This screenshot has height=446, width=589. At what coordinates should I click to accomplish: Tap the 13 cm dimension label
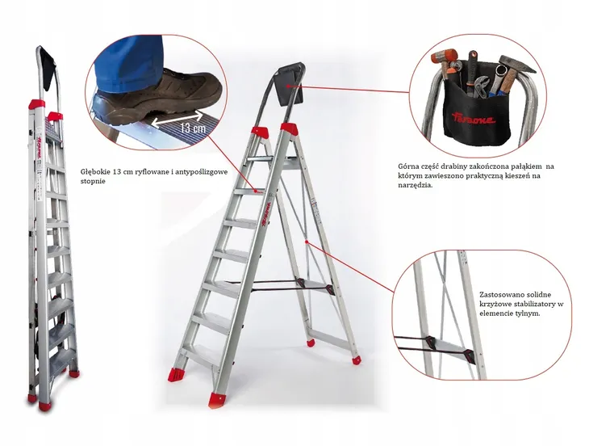(x=193, y=128)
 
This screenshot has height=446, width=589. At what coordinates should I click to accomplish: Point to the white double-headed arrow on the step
(x=176, y=118)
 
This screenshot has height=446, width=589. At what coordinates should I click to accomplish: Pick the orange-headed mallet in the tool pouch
(x=445, y=62)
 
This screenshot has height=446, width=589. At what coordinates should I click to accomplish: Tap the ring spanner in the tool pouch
(x=495, y=82)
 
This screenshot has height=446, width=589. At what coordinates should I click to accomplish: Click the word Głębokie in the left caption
(x=93, y=172)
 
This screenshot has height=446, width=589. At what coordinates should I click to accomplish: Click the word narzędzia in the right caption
(x=413, y=185)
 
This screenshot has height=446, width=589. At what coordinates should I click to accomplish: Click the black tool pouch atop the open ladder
(x=289, y=85)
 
